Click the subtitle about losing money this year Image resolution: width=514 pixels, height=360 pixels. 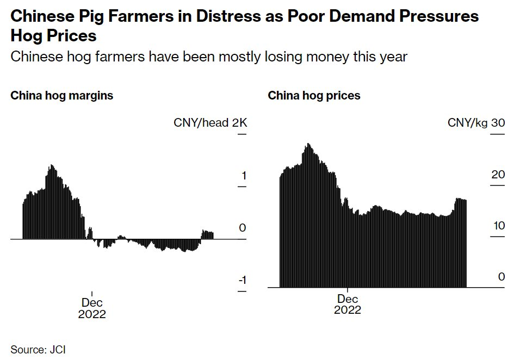click(209, 56)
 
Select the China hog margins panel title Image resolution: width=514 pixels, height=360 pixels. click(62, 96)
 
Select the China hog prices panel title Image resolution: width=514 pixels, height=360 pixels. click(314, 96)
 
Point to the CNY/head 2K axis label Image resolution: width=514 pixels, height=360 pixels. click(210, 123)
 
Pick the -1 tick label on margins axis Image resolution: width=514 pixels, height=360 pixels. click(243, 280)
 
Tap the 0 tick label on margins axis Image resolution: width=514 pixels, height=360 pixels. click(243, 228)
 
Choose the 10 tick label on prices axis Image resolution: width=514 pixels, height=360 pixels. click(498, 226)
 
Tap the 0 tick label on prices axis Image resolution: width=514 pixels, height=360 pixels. click(501, 277)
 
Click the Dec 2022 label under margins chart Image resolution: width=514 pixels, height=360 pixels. click(92, 308)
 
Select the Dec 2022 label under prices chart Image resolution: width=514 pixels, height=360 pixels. click(348, 304)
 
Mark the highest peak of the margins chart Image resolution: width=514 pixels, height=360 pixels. click(52, 165)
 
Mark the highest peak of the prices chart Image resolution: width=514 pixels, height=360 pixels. click(308, 144)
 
